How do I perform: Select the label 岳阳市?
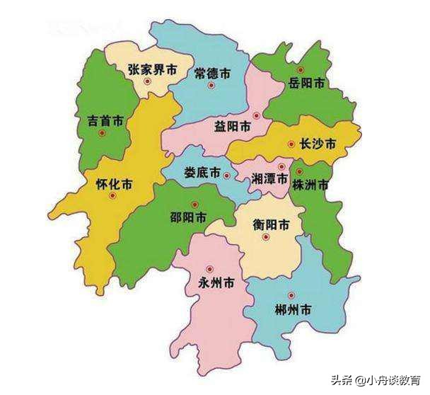(307, 83)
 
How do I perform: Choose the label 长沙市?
(318, 144)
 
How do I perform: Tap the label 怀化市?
(114, 185)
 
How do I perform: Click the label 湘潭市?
(270, 180)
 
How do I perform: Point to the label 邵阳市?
(188, 216)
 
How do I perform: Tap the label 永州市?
(217, 284)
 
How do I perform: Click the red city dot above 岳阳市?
(301, 69)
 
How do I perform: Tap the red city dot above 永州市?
(209, 269)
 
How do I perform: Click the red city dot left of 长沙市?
(291, 144)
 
